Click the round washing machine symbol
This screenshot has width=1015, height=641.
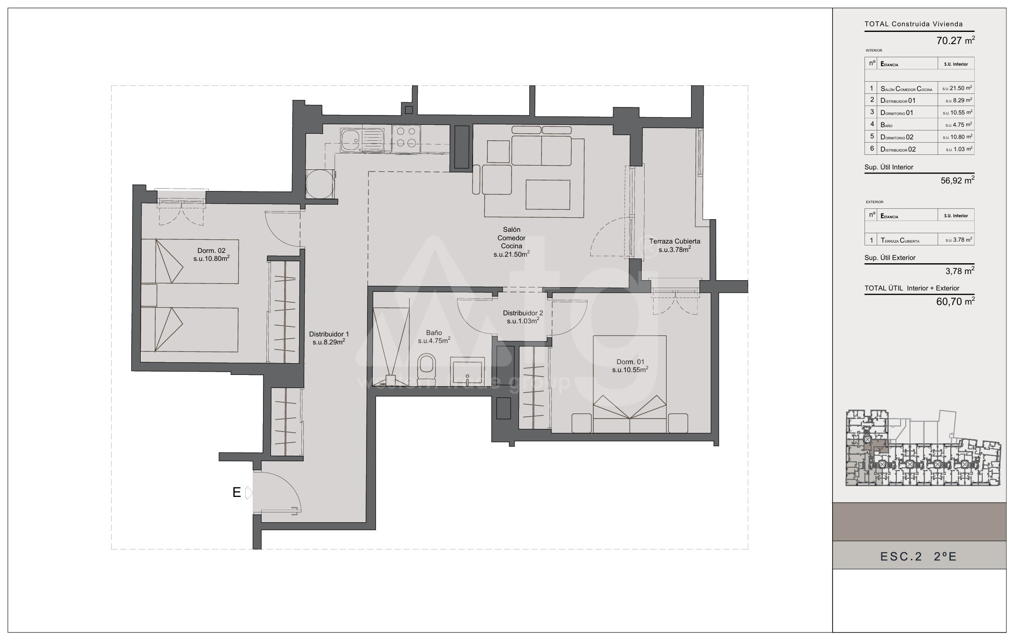click(321, 184)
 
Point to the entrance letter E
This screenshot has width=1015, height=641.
click(237, 492)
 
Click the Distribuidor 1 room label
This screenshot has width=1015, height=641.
click(329, 338)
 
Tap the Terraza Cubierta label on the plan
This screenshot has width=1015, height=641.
click(675, 245)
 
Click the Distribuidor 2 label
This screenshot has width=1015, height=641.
click(523, 317)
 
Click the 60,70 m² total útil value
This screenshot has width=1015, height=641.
click(955, 301)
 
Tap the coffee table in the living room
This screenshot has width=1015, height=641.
click(548, 194)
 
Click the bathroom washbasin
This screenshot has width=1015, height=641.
click(468, 371)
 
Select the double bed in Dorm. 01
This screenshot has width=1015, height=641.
click(630, 384)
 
